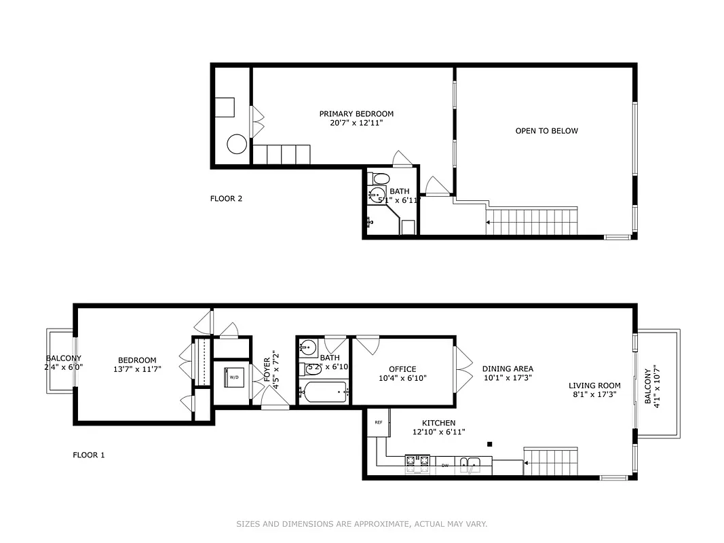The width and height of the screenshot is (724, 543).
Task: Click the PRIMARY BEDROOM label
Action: pos(356,114)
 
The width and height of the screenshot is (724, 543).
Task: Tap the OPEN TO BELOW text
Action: pos(546,131)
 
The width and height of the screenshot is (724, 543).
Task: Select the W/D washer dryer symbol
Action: pos(233,377)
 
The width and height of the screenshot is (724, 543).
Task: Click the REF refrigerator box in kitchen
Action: pos(379,422)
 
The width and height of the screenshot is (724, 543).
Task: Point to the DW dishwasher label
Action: pos(445,466)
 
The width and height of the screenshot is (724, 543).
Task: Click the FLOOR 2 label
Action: pos(226,199)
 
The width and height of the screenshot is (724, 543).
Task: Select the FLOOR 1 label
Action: pos(89,455)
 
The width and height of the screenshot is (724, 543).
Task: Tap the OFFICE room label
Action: pos(402,369)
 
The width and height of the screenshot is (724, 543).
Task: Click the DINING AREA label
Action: pos(508,369)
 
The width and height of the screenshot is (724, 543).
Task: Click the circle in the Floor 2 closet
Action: pos(237,145)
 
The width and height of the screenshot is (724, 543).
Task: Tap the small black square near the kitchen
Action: pos(489,445)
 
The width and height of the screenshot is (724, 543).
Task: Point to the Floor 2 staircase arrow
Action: pos(489,222)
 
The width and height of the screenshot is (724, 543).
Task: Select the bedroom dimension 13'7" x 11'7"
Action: pos(137,369)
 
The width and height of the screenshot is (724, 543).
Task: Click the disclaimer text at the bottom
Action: pos(362,524)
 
